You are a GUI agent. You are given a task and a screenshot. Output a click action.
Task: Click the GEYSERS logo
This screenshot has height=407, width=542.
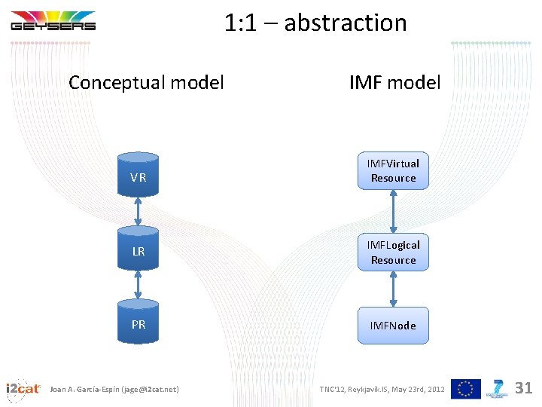pos(53,21)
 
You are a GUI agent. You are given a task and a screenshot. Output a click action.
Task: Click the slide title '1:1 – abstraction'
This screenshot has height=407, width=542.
pos(315,23)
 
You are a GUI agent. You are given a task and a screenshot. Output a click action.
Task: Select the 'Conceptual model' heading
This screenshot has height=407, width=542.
pos(146,82)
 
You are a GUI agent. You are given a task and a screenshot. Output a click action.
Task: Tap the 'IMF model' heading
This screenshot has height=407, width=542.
pos(394,82)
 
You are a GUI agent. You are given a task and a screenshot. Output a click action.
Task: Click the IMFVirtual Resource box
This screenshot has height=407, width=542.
pos(393,171)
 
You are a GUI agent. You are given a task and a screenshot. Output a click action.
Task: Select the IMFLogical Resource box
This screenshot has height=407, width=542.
pos(393,252)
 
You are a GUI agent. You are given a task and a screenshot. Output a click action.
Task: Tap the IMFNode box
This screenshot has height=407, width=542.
pos(393,326)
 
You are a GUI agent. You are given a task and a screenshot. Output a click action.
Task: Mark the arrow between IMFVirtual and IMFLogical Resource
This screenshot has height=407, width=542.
pos(393,212)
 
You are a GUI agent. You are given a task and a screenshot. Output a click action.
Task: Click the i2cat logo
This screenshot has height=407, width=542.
pos(23,388)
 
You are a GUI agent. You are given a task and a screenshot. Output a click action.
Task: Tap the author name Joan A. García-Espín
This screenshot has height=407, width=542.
pos(114,389)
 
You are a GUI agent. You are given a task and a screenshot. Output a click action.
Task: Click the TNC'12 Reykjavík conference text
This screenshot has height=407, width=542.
pos(382,389)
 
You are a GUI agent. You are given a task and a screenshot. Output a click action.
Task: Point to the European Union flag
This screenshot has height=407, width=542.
pos(466,388)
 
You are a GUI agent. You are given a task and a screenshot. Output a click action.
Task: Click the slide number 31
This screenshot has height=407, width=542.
pos(523,388)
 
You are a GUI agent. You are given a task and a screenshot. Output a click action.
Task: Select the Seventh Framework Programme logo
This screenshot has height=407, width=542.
pos(498,388)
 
